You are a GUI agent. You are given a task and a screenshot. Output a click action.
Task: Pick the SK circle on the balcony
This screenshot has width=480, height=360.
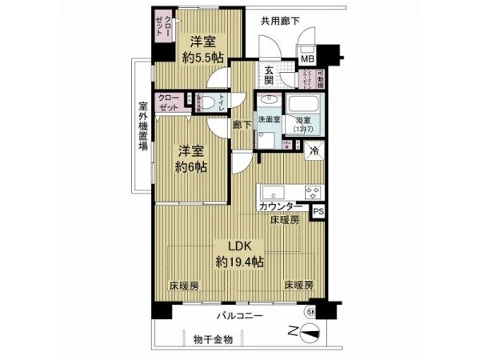click(311, 311)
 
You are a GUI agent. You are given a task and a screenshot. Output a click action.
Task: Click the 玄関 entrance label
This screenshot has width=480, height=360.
click(270, 76)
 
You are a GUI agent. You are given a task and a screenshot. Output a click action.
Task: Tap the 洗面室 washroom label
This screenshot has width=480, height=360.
click(267, 120)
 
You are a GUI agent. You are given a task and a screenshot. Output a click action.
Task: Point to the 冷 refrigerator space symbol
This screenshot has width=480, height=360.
click(314, 150)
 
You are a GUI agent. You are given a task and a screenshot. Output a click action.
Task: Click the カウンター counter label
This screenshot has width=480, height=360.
click(280, 206)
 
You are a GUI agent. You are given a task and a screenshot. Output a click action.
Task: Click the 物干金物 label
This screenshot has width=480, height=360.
click(214, 340)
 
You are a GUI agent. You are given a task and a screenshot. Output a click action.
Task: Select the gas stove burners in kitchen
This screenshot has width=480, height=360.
click(311, 192)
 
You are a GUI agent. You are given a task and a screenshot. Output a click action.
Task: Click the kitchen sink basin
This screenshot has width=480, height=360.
click(270, 191)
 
